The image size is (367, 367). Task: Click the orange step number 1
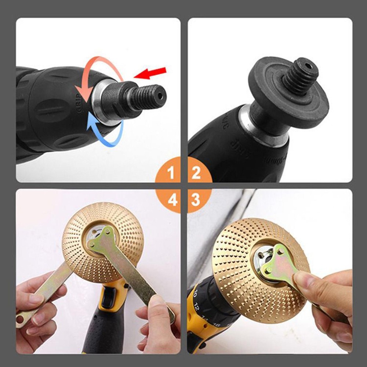[171, 173]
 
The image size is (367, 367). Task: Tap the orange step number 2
[196, 173]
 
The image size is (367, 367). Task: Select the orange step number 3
[196, 200]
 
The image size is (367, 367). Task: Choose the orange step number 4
[171, 200]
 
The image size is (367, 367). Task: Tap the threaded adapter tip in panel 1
[150, 96]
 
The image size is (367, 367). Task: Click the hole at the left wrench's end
[20, 320]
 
